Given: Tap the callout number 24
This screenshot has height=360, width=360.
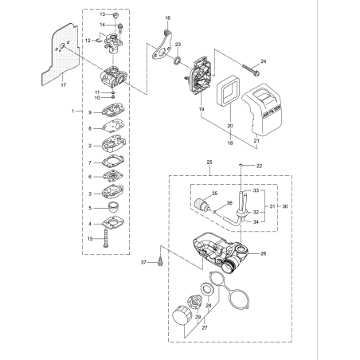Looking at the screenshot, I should (264, 61).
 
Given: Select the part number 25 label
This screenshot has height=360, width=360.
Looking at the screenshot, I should (209, 162).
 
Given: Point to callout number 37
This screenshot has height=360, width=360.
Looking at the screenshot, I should (144, 261).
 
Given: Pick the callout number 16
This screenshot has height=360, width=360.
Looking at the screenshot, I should (168, 18).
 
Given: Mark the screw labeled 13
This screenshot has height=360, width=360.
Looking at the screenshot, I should (115, 15).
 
